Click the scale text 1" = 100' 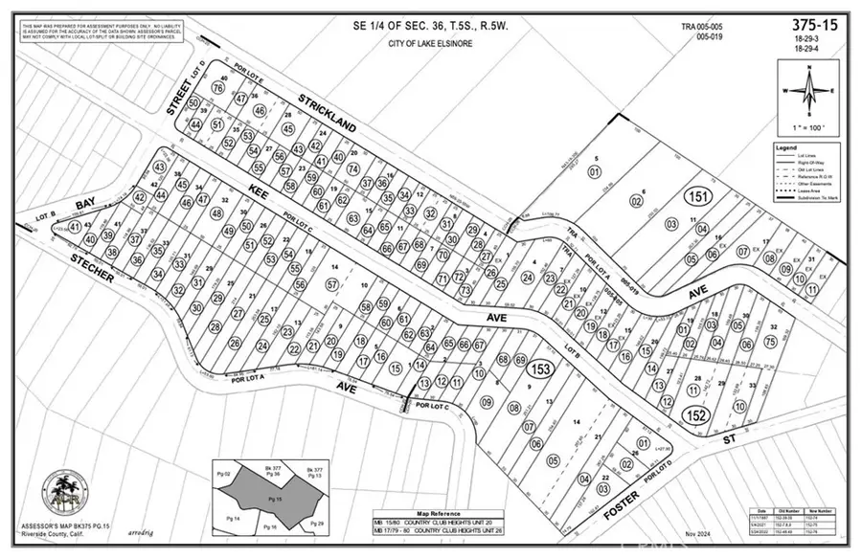coord(810,127)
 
